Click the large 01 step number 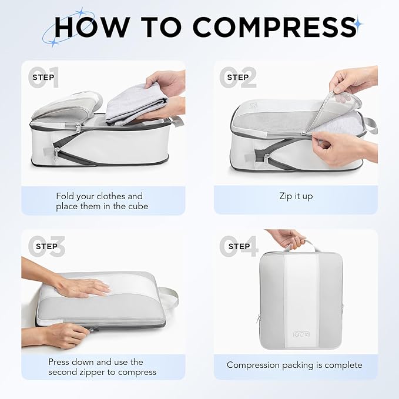[45, 78]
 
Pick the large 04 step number [238, 246]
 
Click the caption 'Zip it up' [296, 196]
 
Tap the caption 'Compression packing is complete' [295, 365]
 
